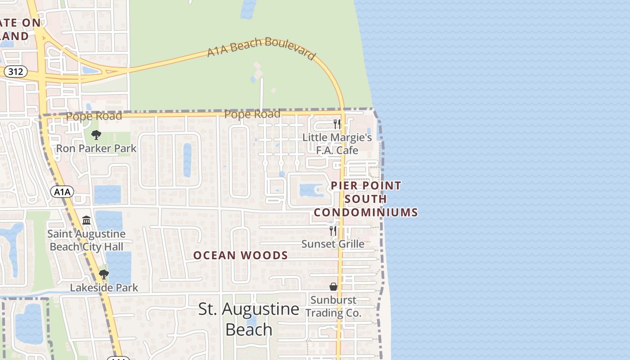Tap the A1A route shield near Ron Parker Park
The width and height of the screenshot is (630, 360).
coord(62,192)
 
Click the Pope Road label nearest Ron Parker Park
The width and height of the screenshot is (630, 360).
coord(94,116)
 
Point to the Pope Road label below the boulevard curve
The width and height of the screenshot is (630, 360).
coord(252,114)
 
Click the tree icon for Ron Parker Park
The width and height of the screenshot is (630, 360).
coord(96,135)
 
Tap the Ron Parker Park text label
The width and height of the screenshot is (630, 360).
coord(96,148)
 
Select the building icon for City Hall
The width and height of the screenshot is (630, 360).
coord(86,220)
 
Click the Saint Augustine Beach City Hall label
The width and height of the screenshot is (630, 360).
coord(86,240)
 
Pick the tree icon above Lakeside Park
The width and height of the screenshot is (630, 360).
coord(104,274)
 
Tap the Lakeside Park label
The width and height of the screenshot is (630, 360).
coord(104,288)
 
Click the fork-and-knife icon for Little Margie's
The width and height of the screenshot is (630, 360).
coord(337,124)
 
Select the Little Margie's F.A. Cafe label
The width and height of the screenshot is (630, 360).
coord(337,144)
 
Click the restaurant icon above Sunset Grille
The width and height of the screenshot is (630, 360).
coord(333,231)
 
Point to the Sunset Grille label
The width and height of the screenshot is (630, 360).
coord(333,244)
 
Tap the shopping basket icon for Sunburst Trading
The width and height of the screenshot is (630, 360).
coord(333,287)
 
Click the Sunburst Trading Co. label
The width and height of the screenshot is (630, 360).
coord(333,306)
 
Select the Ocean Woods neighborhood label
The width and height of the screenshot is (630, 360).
coord(241,256)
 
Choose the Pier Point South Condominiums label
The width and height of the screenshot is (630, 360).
coord(365,199)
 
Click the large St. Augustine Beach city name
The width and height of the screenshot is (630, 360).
coord(249,319)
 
